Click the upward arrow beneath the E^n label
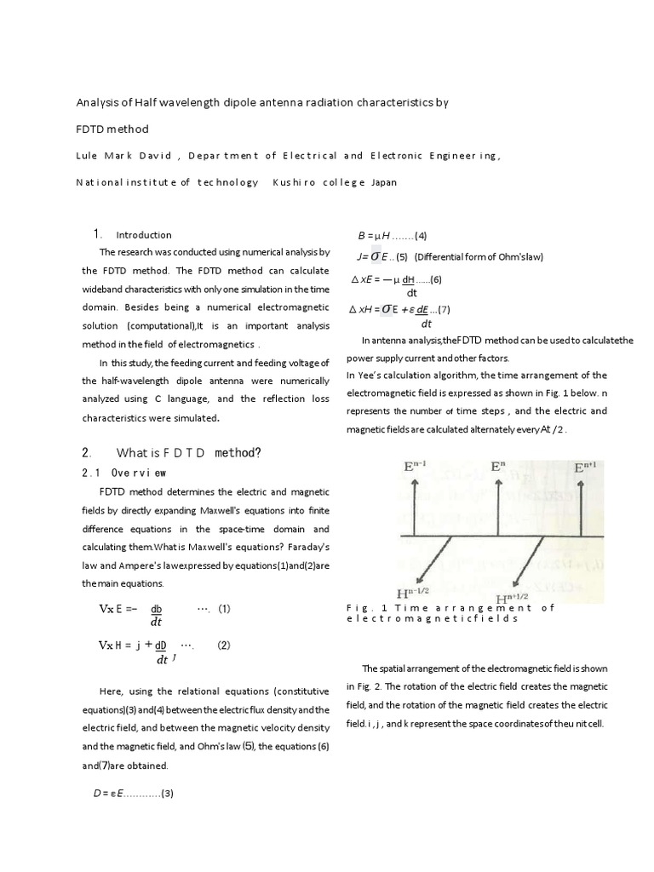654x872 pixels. pos(498,507)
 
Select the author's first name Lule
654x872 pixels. pos(86,156)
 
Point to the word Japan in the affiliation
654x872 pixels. pos(383,182)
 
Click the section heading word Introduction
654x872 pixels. pos(144,235)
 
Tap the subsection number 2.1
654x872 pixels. pos(89,472)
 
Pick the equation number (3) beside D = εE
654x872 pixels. pos(168,794)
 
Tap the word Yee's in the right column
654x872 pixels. pos(368,376)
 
